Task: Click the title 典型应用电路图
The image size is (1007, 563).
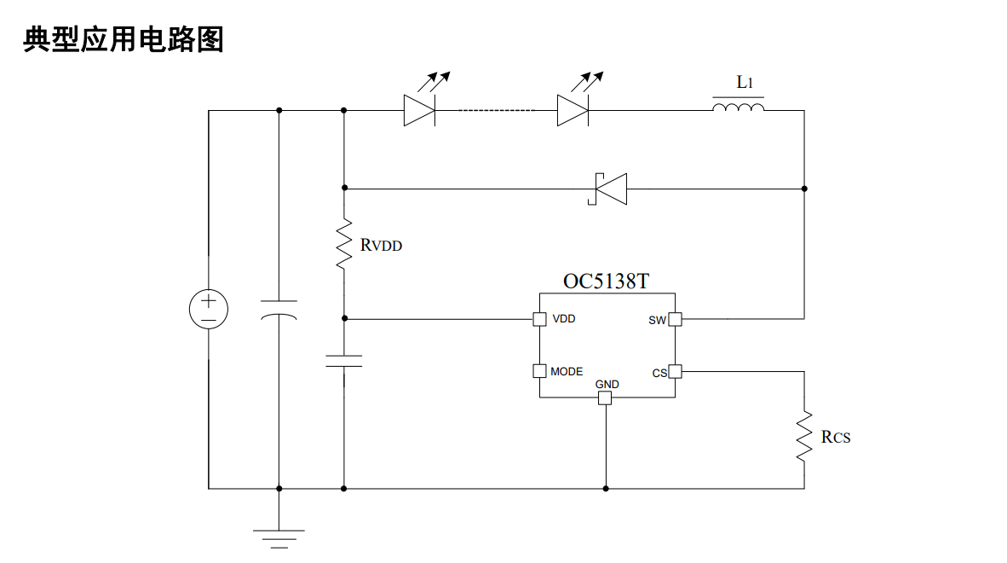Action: click(124, 39)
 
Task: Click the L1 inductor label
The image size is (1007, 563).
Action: click(745, 82)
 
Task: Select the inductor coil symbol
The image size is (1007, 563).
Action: click(739, 107)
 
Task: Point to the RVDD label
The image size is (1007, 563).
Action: click(381, 245)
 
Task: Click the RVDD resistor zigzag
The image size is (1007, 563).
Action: click(344, 244)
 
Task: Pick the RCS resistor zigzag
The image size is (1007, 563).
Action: click(804, 437)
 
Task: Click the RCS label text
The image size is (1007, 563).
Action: click(836, 437)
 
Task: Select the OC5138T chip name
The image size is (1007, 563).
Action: click(607, 281)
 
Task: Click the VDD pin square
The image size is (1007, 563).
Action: click(539, 319)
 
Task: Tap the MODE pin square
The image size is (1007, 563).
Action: click(539, 371)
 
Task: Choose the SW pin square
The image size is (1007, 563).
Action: click(675, 319)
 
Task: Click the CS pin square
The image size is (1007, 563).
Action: click(675, 371)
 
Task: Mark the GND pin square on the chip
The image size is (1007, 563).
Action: click(605, 398)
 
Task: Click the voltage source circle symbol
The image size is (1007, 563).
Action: click(209, 309)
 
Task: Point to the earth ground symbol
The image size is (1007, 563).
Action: click(279, 538)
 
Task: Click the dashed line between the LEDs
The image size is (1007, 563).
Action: click(496, 111)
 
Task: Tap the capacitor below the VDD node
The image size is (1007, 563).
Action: click(344, 361)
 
